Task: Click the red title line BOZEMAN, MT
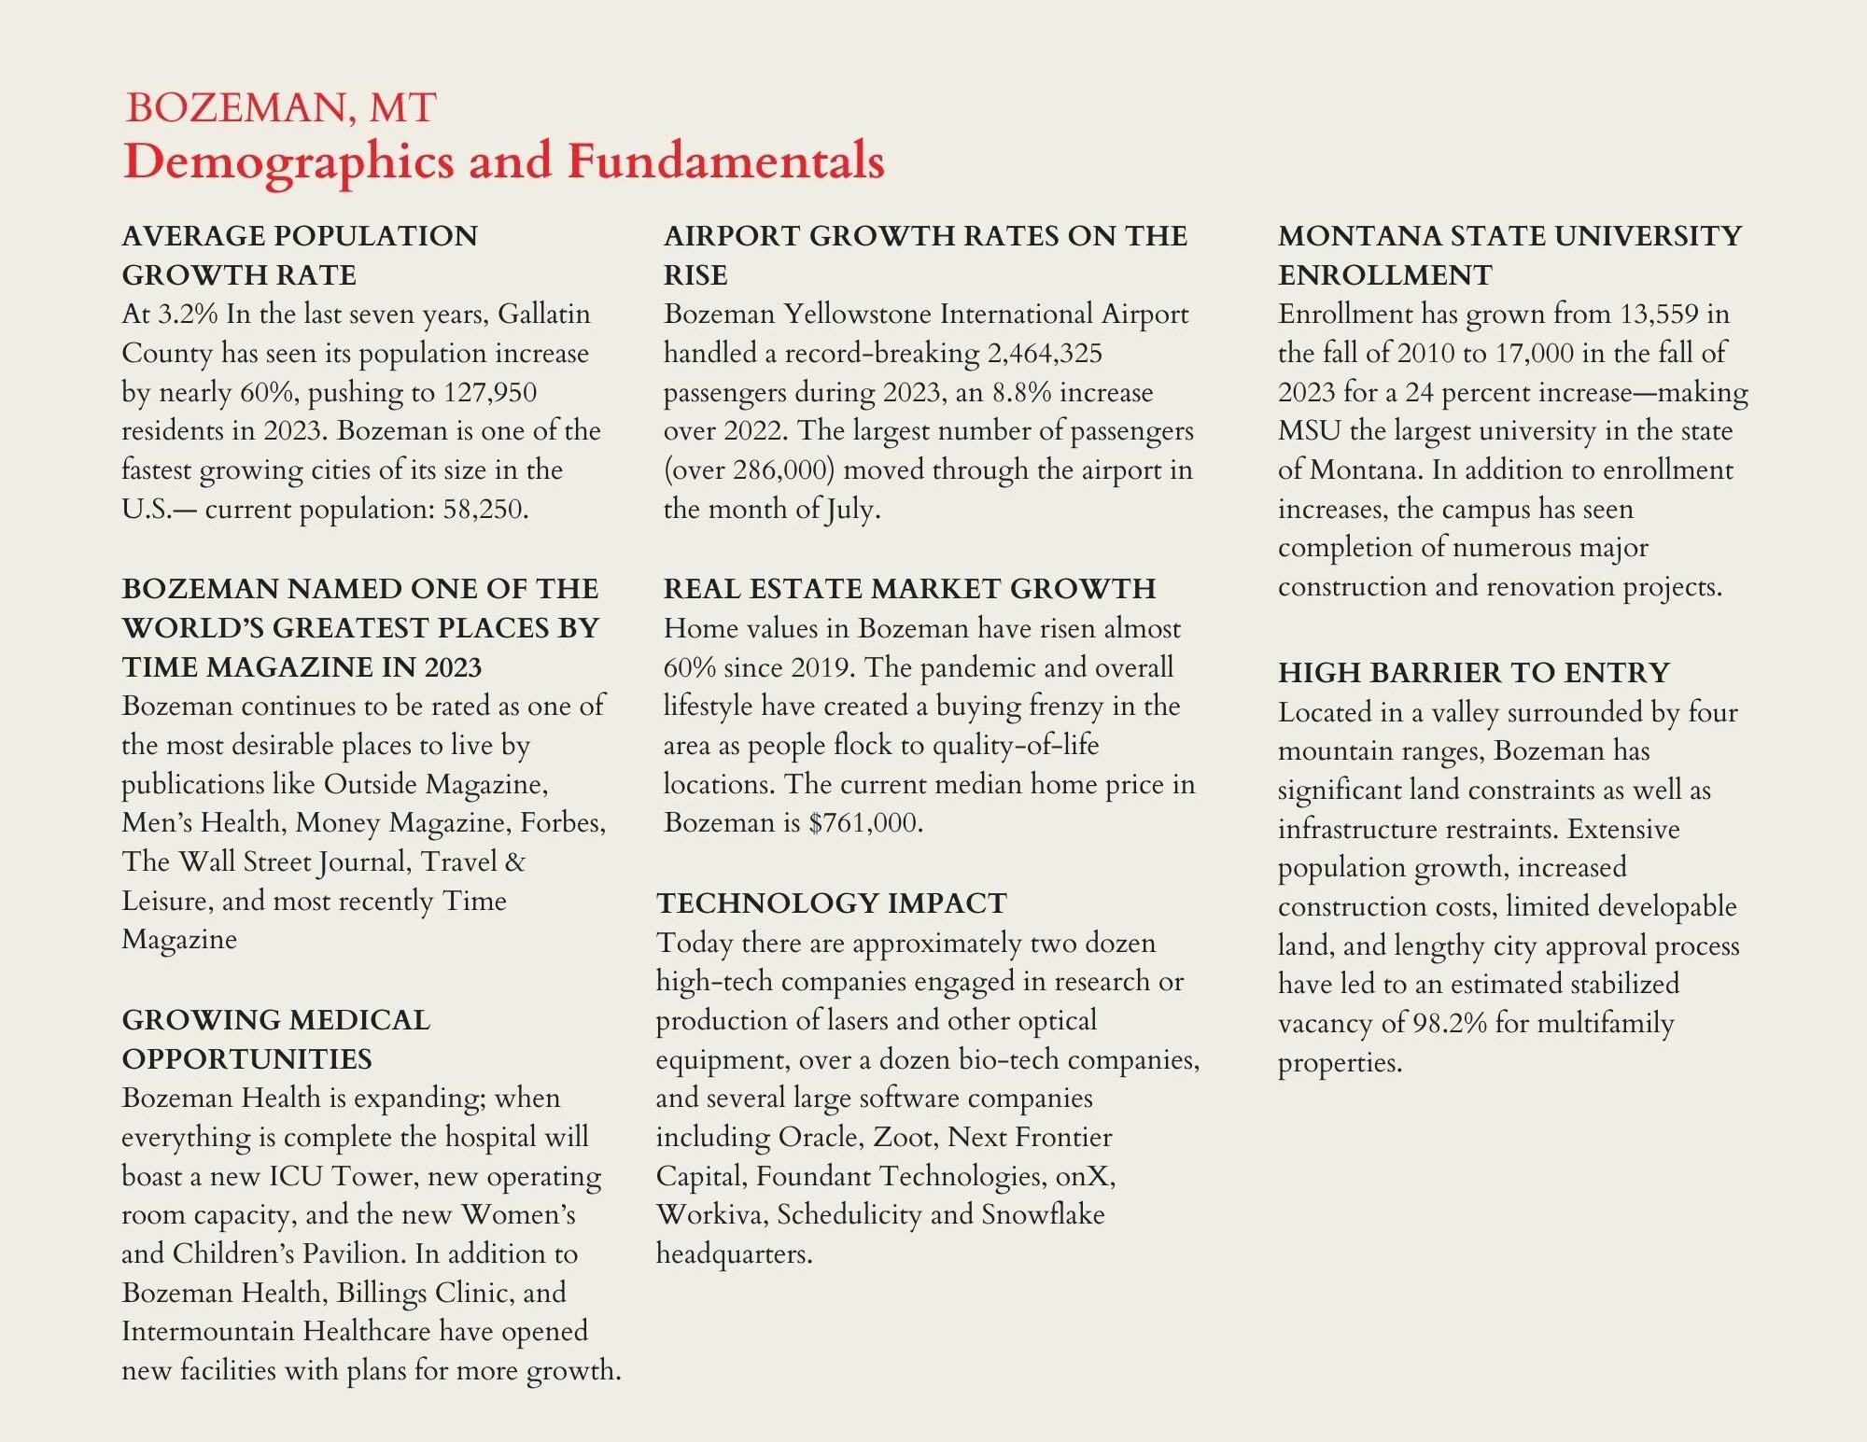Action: click(280, 108)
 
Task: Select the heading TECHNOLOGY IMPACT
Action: click(831, 903)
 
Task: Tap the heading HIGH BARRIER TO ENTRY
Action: click(1474, 673)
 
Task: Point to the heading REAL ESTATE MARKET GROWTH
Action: click(909, 589)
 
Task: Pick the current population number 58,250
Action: click(484, 510)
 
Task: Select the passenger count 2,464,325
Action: click(1045, 353)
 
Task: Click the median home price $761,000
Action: click(864, 823)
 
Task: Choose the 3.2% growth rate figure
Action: click(187, 315)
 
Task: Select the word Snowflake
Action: click(1043, 1215)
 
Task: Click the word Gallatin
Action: click(543, 315)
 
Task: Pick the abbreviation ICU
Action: click(296, 1177)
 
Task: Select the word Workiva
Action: click(710, 1215)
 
